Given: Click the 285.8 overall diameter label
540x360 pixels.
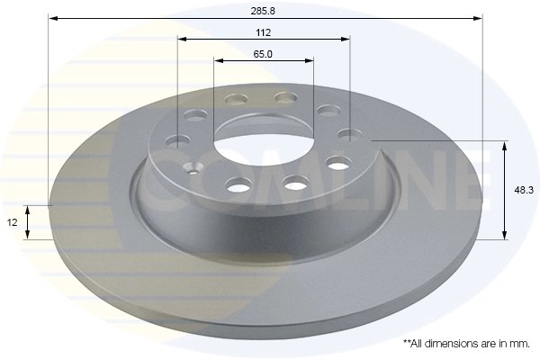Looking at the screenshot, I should (x=264, y=10).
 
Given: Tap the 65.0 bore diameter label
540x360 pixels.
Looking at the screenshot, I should (x=264, y=54).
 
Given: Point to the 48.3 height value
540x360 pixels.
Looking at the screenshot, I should (x=520, y=190).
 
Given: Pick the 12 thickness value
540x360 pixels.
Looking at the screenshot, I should (x=13, y=222).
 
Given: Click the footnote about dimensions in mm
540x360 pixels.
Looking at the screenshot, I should (x=466, y=344).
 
